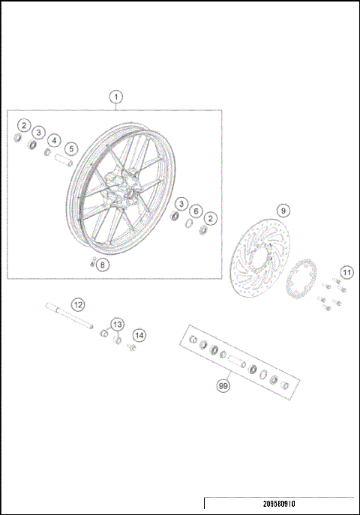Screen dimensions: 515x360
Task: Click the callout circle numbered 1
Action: [115, 97]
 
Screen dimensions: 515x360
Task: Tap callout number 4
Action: [54, 139]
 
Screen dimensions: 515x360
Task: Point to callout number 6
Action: [196, 211]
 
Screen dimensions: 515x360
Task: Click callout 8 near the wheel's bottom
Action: [103, 264]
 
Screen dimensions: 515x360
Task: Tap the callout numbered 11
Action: [346, 271]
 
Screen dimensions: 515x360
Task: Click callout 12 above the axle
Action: [78, 304]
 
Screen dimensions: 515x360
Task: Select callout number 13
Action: [117, 324]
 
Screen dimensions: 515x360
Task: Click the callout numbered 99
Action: [223, 385]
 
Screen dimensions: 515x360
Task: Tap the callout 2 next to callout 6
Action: [211, 217]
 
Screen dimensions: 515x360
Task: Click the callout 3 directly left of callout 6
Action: [181, 204]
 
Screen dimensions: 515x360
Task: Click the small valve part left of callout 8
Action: [91, 262]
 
